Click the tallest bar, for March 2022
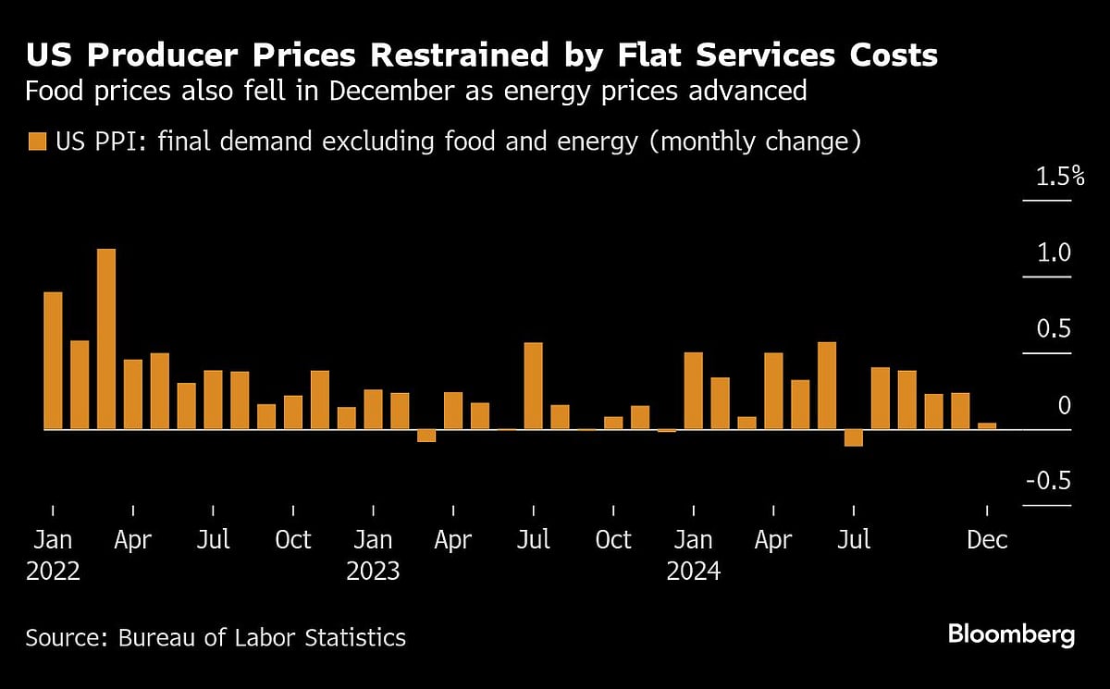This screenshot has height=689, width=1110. coord(106,338)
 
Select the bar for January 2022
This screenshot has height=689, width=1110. coord(53,361)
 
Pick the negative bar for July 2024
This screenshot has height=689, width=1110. coord(853,438)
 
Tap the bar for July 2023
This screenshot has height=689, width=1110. coord(533,386)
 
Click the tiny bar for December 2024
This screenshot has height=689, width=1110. coord(987,426)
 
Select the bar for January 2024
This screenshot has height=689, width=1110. coord(693,390)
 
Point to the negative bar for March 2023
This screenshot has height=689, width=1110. coord(425,436)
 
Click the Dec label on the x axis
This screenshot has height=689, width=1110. coord(987,540)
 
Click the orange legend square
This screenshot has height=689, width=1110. coord(37,142)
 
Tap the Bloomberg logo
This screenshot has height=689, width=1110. coord(1011,635)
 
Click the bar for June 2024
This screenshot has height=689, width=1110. coord(826,386)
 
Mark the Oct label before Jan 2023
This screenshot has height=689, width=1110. coord(293,540)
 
